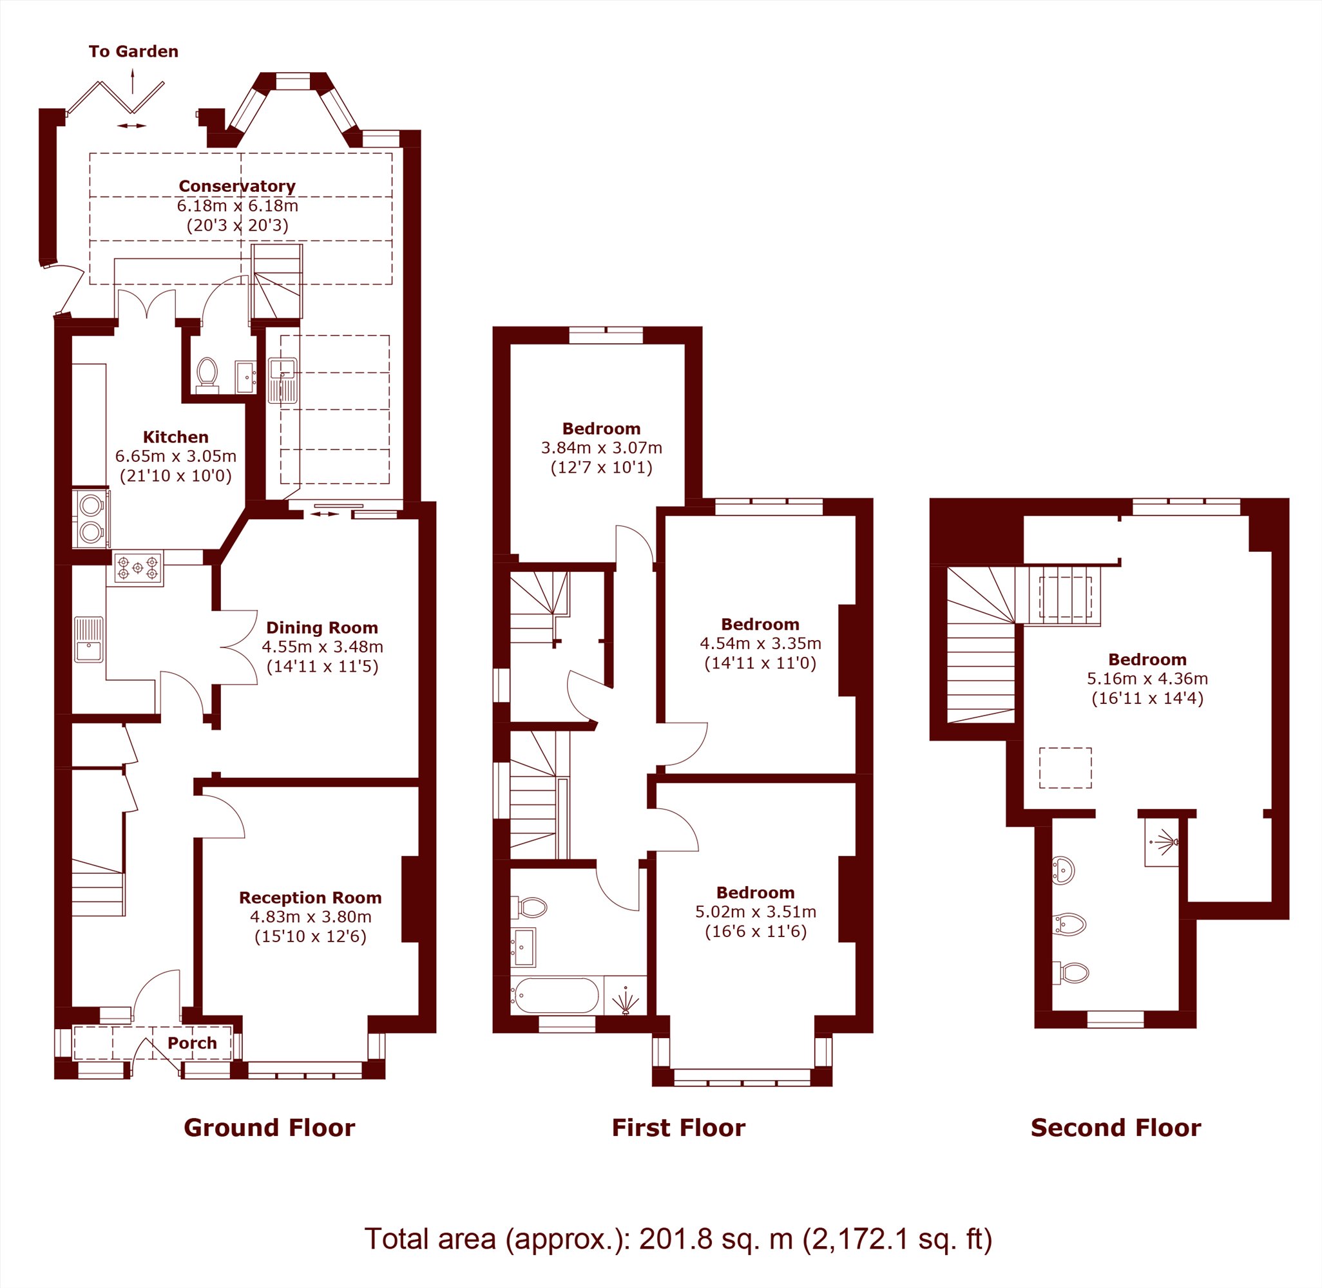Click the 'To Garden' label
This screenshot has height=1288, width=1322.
tap(133, 52)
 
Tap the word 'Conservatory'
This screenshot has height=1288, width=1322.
tap(237, 186)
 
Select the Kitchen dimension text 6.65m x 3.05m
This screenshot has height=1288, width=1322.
tap(176, 456)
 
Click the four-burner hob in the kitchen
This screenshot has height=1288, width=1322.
tap(139, 568)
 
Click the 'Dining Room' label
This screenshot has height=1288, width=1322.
tap(322, 628)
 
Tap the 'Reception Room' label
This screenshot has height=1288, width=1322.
tap(311, 898)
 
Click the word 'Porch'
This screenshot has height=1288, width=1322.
tap(192, 1043)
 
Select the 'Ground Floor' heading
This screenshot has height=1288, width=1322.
tap(269, 1128)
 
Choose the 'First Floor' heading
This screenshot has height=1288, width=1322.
tap(678, 1128)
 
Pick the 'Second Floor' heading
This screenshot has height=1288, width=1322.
tap(1116, 1128)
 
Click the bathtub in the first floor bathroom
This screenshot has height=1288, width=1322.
tap(555, 995)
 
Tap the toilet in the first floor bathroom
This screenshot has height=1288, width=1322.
tap(532, 907)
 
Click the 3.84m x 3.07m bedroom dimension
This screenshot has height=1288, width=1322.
tap(602, 448)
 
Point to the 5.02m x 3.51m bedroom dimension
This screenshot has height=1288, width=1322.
tap(756, 912)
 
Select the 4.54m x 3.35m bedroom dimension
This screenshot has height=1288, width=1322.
tap(760, 643)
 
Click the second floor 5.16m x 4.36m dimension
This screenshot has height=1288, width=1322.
tap(1147, 679)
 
